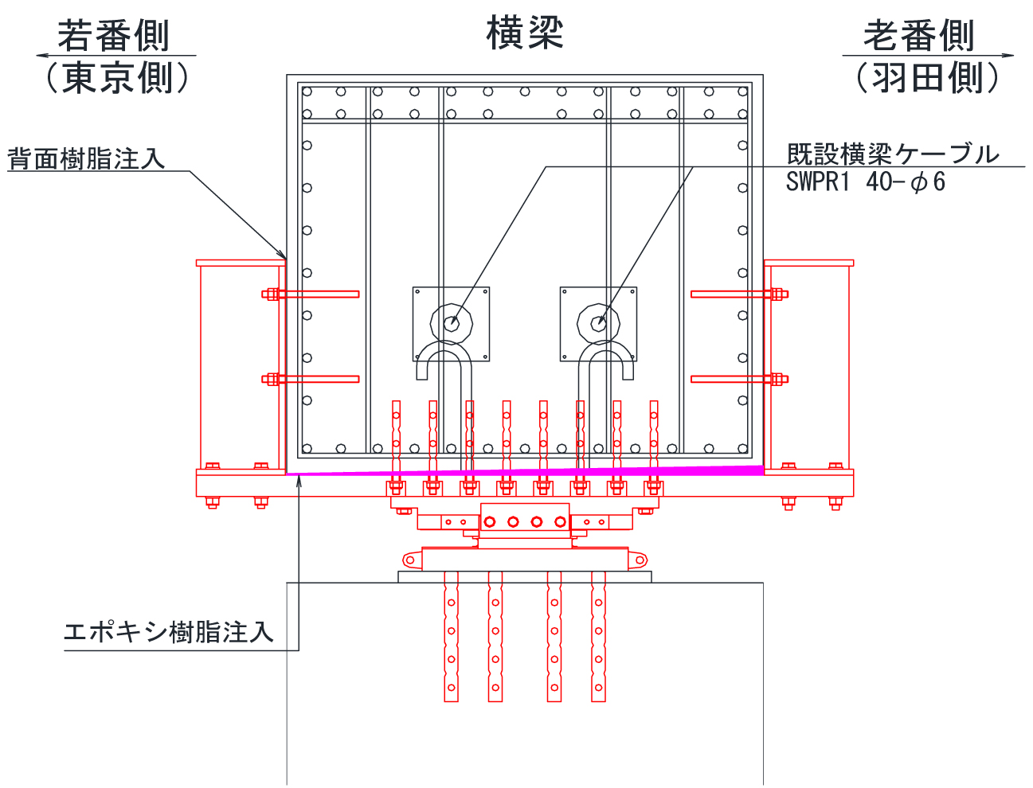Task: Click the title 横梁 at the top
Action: pyautogui.click(x=525, y=34)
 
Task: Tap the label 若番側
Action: pyautogui.click(x=113, y=35)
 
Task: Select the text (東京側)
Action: pyautogui.click(x=118, y=77)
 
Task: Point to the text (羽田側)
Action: pyautogui.click(x=927, y=77)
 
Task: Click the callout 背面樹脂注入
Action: pyautogui.click(x=86, y=158)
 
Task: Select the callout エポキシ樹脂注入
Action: pyautogui.click(x=168, y=633)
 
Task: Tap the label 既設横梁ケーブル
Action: pyautogui.click(x=892, y=154)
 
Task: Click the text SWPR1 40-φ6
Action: pyautogui.click(x=865, y=182)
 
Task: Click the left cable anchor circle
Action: pyautogui.click(x=451, y=323)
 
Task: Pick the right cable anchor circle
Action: pyautogui.click(x=599, y=323)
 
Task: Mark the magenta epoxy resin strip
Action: pyautogui.click(x=526, y=471)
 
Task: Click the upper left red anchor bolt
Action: pyautogui.click(x=311, y=295)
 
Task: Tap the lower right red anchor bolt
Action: pyautogui.click(x=739, y=379)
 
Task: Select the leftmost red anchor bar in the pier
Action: pyautogui.click(x=451, y=637)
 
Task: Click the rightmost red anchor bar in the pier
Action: pyautogui.click(x=598, y=637)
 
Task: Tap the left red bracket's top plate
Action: pyautogui.click(x=241, y=263)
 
